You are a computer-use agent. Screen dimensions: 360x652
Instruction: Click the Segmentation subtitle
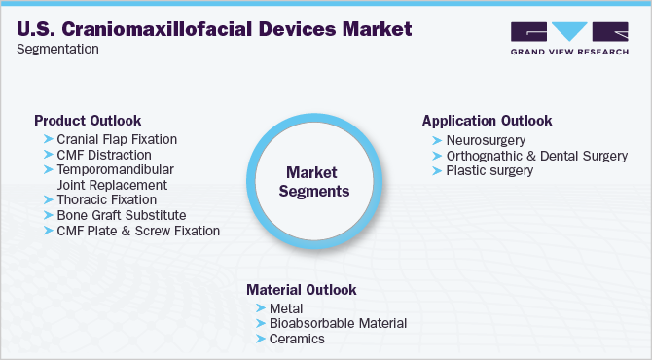point(58,49)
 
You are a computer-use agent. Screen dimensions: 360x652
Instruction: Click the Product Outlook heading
point(87,121)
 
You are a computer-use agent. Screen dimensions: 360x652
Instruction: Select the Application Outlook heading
point(487,121)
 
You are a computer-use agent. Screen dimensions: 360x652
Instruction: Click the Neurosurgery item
point(484,140)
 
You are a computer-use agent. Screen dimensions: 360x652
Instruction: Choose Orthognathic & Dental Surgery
point(536,156)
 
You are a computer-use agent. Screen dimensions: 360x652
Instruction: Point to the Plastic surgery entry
point(489,171)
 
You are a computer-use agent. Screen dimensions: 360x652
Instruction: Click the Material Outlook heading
point(301,290)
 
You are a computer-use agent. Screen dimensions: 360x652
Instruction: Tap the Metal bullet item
point(286,308)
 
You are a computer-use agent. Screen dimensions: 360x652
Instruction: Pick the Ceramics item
point(296,339)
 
